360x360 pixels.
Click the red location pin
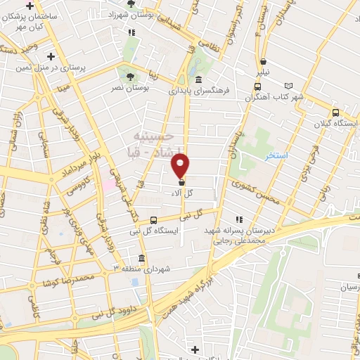pos(181,165)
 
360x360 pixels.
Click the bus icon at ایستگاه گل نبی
pos(154,220)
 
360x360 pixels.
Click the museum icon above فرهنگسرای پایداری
pos(200,79)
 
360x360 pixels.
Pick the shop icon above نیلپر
pos(263,60)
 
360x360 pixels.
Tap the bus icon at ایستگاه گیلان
pos(335,112)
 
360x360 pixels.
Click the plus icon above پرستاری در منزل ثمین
pos(51,56)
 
